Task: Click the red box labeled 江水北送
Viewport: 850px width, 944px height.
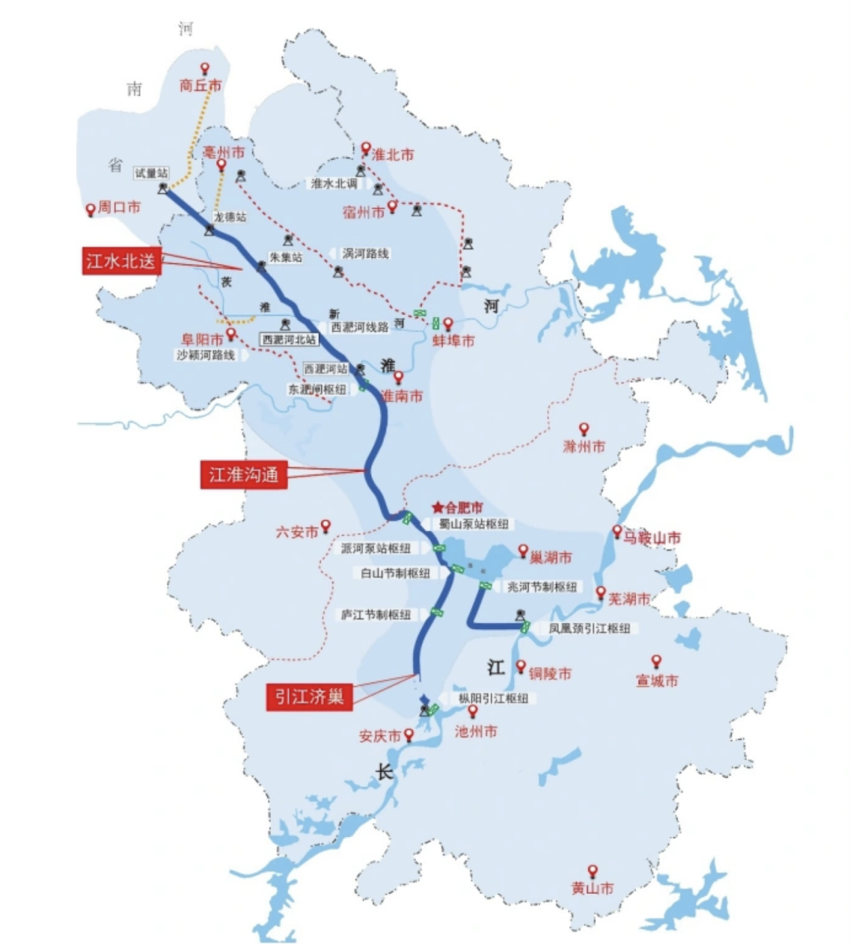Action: coord(121,260)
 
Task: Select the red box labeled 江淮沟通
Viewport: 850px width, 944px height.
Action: coord(243,474)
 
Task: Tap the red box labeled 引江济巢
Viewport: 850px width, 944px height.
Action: coord(309,696)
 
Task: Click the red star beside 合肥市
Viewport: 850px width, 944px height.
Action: coord(438,508)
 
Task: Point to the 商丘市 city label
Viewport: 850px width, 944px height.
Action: coord(201,85)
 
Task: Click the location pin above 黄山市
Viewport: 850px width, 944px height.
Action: coord(593,872)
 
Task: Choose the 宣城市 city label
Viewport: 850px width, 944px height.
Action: coord(656,681)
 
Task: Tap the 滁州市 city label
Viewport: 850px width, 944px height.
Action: coord(584,447)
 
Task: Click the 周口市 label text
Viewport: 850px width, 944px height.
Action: coord(119,208)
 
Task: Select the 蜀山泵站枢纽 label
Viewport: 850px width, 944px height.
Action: coord(474,524)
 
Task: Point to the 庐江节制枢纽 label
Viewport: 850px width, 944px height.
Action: coord(375,614)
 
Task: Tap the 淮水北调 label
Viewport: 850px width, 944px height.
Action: coord(334,183)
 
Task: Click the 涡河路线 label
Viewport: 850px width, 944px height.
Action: coord(365,254)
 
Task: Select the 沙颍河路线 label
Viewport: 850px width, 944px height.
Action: coord(205,356)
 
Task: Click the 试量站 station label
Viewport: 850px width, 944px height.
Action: coord(151,173)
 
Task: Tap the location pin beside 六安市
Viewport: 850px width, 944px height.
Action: coord(325,526)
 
